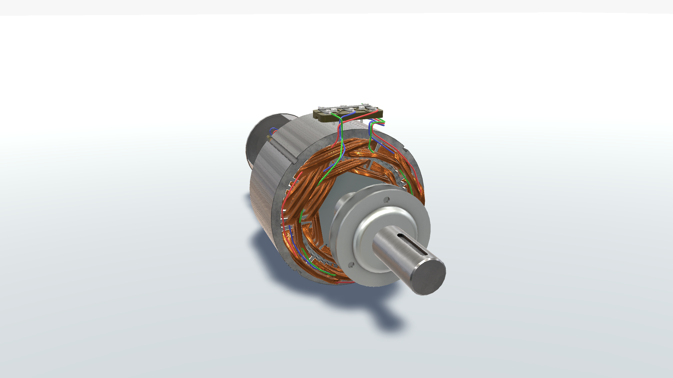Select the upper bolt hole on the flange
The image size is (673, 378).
tap(386, 201)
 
